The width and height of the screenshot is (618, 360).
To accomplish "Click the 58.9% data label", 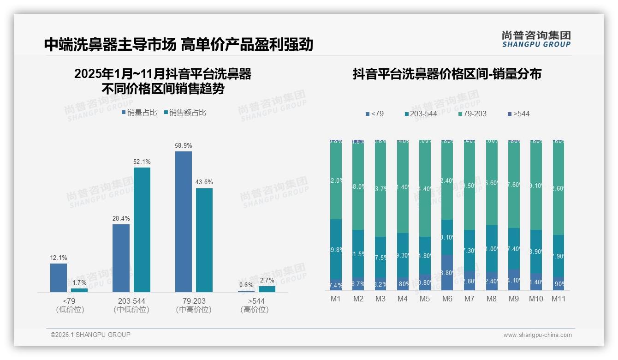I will click(183, 145).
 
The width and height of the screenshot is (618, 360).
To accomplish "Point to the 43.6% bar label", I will click(204, 182).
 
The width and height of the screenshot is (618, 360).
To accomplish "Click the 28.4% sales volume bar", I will click(121, 258).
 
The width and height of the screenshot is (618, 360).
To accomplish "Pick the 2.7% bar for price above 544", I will click(267, 289).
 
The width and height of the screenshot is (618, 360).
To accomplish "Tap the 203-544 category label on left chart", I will click(131, 301).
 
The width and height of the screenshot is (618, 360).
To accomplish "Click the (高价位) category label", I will click(255, 310).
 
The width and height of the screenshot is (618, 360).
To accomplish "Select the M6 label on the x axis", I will click(447, 299).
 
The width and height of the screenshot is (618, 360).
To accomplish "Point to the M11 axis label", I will click(559, 299).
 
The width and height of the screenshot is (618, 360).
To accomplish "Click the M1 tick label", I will click(336, 299).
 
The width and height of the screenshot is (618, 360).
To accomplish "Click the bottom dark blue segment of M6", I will click(447, 272).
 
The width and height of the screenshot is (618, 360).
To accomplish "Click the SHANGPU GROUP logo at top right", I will click(536, 39).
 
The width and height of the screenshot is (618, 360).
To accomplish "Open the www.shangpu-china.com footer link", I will click(537, 335).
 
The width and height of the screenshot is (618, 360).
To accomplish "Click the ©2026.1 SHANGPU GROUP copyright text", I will click(90, 335).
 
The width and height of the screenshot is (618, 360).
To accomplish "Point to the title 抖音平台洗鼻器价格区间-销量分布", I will click(447, 74).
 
